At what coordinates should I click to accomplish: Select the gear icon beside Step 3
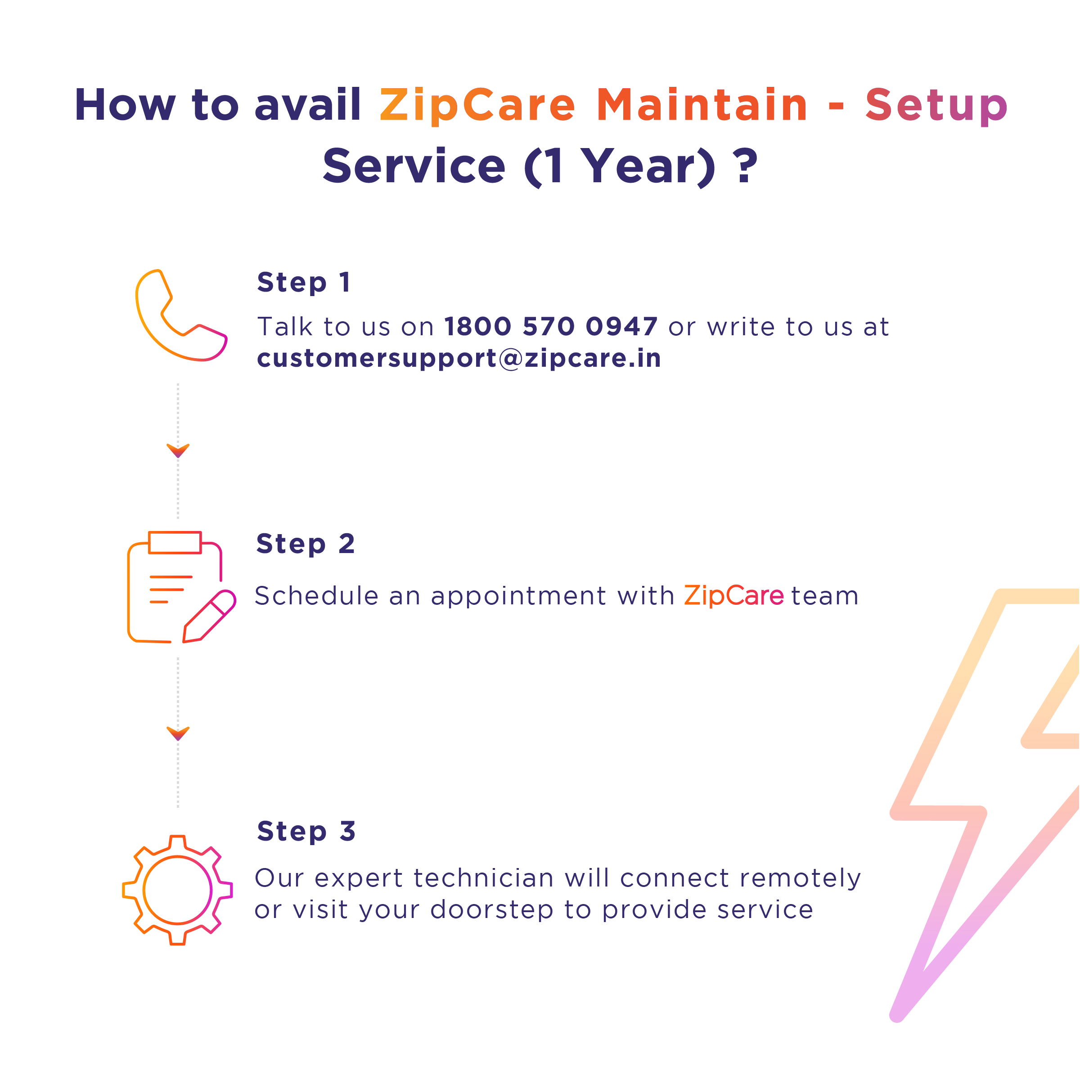point(177,890)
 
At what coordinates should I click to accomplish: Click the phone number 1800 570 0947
point(551,326)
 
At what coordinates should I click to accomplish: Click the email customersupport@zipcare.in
point(459,358)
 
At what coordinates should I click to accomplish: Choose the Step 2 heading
point(305,544)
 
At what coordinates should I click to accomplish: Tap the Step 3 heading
point(306,831)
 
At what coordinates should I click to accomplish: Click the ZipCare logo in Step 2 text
point(734,595)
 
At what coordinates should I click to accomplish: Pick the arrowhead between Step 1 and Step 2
point(178,450)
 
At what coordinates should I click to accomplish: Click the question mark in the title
point(746,166)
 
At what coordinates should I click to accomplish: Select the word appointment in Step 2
point(518,596)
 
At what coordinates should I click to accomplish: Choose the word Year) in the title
point(648,166)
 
